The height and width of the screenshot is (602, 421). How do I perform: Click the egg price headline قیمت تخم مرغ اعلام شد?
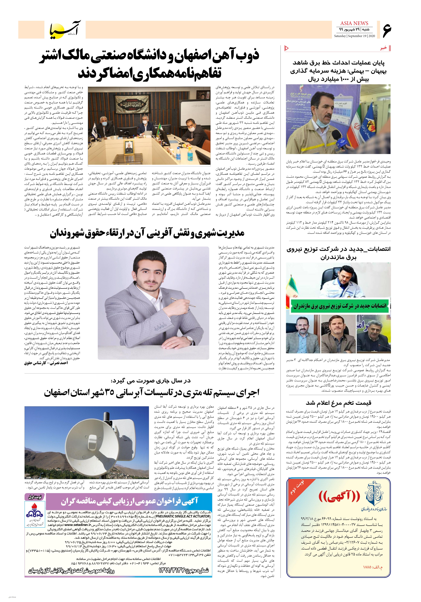(339, 402)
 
